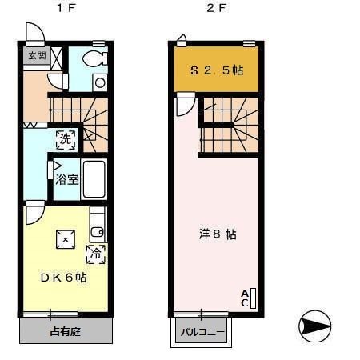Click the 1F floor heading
tap(62, 10)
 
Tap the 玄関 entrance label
tap(37, 56)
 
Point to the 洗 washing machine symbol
tap(66, 138)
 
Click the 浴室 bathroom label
tap(67, 180)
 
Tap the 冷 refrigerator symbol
tap(95, 254)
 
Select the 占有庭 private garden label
tap(63, 330)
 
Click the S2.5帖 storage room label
tap(216, 70)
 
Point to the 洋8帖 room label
tap(218, 234)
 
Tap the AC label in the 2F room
tap(244, 298)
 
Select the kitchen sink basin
tap(97, 233)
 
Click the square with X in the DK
tap(64, 237)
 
